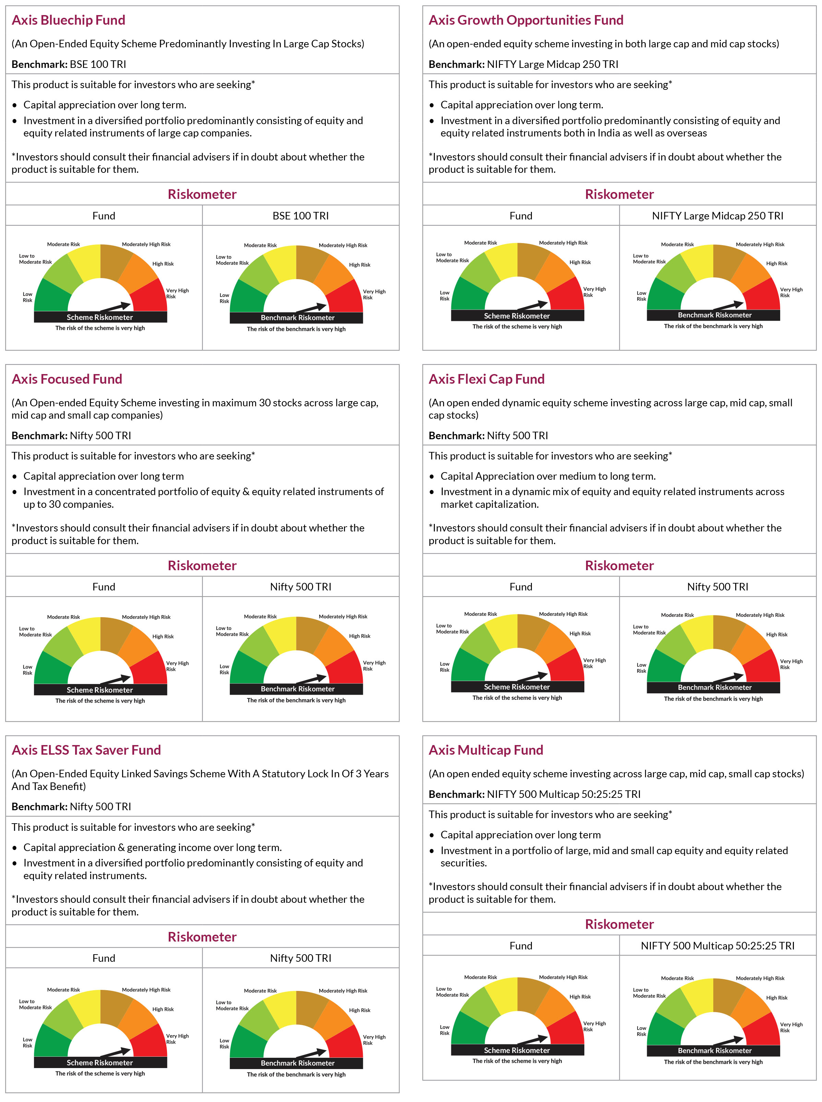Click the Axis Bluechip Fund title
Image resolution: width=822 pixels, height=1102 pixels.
pyautogui.click(x=68, y=20)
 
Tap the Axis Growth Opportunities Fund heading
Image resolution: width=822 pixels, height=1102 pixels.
pyautogui.click(x=526, y=20)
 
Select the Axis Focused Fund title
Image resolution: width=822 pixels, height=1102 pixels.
pyautogui.click(x=67, y=379)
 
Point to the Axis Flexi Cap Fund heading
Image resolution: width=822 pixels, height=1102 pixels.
pyautogui.click(x=487, y=379)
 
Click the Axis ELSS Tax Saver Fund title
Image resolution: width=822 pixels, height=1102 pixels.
pyautogui.click(x=86, y=750)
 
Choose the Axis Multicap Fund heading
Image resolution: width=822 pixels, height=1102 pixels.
pyautogui.click(x=486, y=750)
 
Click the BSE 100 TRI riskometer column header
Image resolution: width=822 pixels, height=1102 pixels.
pyautogui.click(x=300, y=216)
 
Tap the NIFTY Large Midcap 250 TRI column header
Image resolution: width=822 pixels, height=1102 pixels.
pyautogui.click(x=717, y=216)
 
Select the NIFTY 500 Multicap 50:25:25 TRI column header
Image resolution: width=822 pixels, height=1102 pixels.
pyautogui.click(x=717, y=946)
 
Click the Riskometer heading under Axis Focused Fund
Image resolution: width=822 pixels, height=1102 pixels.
pyautogui.click(x=202, y=566)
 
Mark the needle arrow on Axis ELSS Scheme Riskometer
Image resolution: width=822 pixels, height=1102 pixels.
pyautogui.click(x=116, y=1052)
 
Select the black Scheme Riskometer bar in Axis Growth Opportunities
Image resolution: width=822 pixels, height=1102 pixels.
pyautogui.click(x=517, y=316)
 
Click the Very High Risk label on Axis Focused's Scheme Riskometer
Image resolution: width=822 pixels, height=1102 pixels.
pyautogui.click(x=177, y=666)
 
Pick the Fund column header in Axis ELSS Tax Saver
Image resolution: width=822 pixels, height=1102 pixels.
pyautogui.click(x=104, y=958)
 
